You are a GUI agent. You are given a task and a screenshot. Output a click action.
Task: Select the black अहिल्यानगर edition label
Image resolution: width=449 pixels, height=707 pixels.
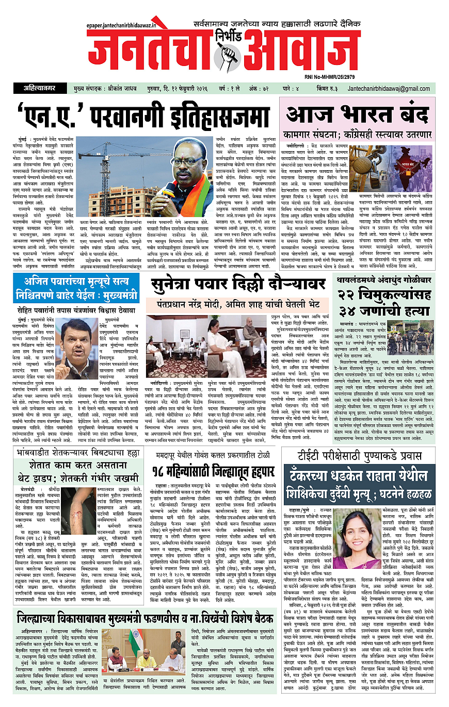pos(43,89)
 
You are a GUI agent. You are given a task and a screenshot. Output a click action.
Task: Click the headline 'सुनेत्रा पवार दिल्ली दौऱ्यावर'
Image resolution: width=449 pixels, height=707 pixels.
pos(237,285)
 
